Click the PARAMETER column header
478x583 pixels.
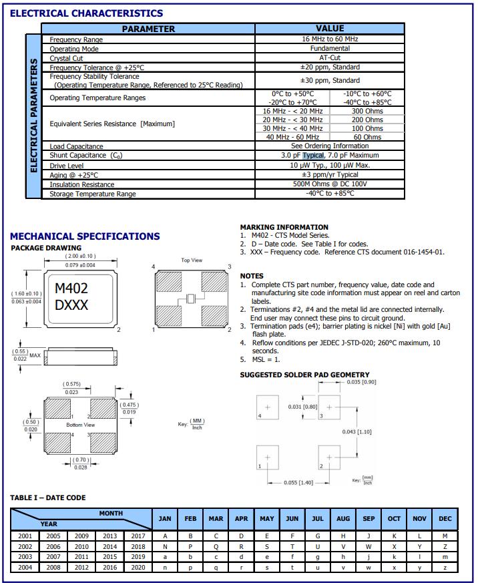coord(148,29)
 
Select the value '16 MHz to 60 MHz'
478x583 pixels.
coord(330,39)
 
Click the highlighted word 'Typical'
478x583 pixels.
coord(313,155)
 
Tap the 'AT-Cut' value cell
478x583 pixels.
coord(330,58)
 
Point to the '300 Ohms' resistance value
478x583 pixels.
coord(367,111)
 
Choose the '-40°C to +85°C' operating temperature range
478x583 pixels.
coord(367,102)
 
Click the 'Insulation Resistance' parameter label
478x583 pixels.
coord(81,184)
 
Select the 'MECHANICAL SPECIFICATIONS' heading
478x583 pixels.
coord(85,236)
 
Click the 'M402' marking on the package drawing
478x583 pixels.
coord(71,288)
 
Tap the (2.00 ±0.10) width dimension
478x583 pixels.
coord(80,256)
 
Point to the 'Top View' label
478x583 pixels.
coord(192,260)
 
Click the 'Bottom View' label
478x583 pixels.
coord(80,425)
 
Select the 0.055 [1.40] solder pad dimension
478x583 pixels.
coord(299,482)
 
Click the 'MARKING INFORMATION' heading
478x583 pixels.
coord(284,227)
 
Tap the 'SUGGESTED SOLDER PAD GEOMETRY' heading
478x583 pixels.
coord(304,375)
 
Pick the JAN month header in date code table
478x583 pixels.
coord(165,519)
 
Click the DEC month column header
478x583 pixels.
coord(445,519)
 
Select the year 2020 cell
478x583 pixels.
coord(138,568)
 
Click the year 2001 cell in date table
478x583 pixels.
coord(25,536)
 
